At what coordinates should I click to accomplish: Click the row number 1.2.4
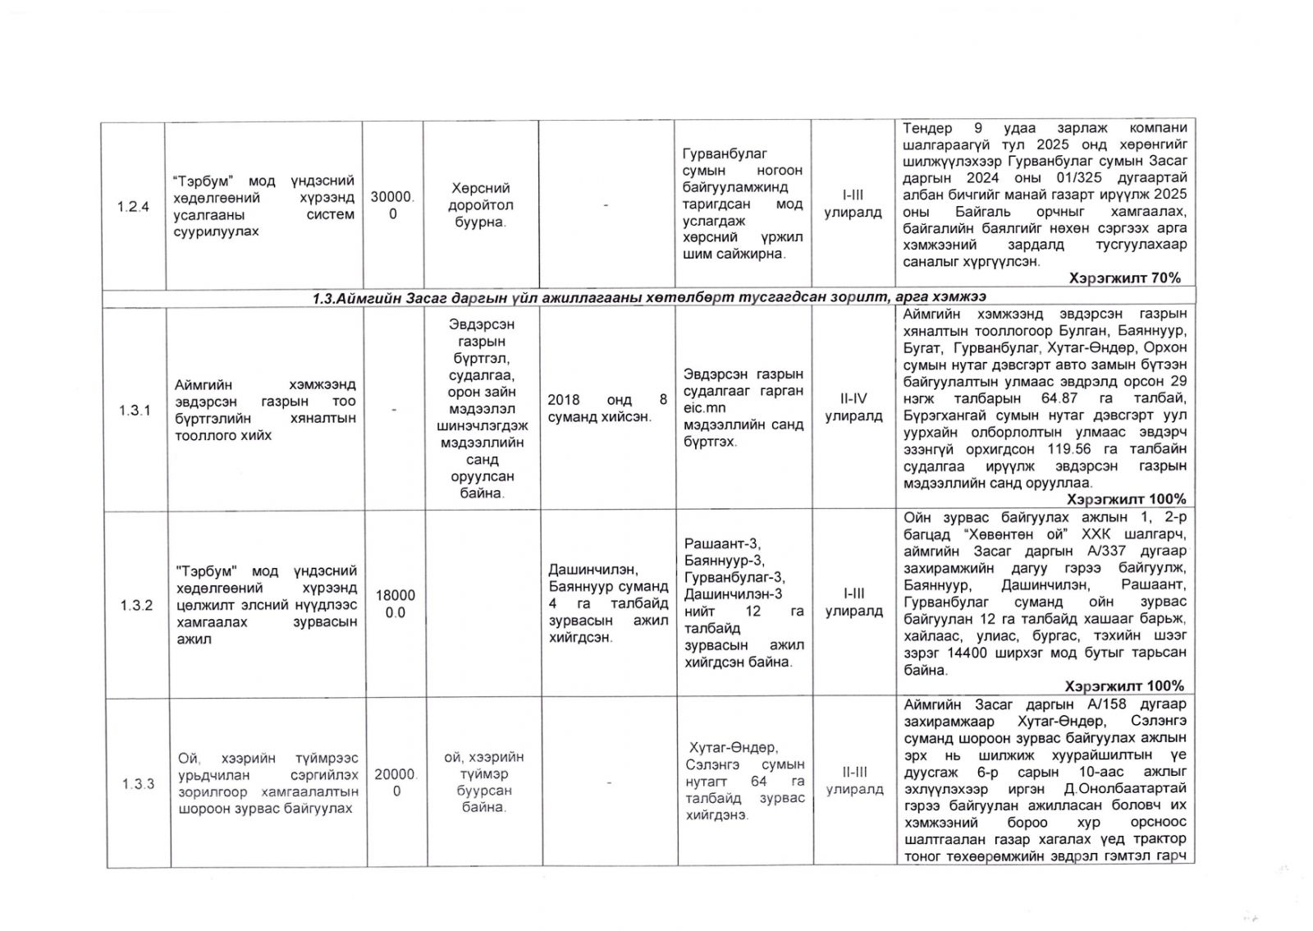coord(133,207)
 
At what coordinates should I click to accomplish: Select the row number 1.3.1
coord(135,410)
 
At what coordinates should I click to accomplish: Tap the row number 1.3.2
coord(136,606)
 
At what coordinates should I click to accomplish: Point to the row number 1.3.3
coord(138,784)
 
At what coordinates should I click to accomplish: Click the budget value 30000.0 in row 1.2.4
coord(393,205)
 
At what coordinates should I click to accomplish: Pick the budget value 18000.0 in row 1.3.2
coord(396,604)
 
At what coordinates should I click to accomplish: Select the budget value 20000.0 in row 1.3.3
coord(396,782)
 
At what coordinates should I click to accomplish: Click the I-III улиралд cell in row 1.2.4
coord(853,204)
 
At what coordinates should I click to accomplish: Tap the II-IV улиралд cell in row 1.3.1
coord(853,407)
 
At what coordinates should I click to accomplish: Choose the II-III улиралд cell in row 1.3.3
coord(855,781)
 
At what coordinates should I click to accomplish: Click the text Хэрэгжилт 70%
coord(1124,278)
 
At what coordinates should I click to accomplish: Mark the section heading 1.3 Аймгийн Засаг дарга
coord(648,297)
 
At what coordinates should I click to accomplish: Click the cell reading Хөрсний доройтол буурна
coord(480,205)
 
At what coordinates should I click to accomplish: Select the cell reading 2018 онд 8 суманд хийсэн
coord(607,408)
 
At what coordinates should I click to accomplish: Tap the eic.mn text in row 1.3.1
coord(704,408)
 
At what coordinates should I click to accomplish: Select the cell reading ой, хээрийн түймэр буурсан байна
coord(483,782)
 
